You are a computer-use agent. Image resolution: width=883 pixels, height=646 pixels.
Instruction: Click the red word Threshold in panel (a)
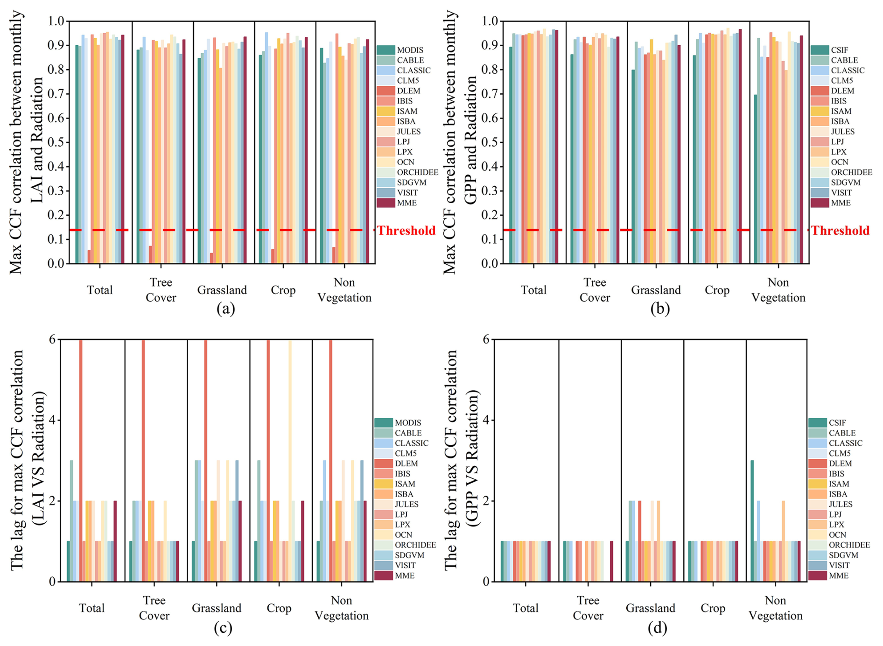(406, 231)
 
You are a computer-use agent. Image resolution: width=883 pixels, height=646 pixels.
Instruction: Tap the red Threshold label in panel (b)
(840, 231)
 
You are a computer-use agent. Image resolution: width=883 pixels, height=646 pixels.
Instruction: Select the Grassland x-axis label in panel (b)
(656, 290)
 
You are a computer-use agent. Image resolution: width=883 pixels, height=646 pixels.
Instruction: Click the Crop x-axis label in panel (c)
(279, 608)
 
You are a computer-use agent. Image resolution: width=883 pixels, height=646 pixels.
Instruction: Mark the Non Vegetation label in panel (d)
(775, 608)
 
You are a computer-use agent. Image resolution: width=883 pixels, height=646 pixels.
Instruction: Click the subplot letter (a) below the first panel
(226, 309)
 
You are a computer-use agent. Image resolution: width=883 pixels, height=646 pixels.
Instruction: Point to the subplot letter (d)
(657, 628)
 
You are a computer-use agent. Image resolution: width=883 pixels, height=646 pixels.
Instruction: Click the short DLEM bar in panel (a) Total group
(89, 257)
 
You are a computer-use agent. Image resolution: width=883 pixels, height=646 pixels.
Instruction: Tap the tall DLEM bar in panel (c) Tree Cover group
(143, 460)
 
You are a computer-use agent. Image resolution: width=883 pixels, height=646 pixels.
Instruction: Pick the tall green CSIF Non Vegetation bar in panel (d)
(752, 520)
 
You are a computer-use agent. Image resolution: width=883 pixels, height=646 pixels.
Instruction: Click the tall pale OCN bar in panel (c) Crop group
(290, 460)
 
